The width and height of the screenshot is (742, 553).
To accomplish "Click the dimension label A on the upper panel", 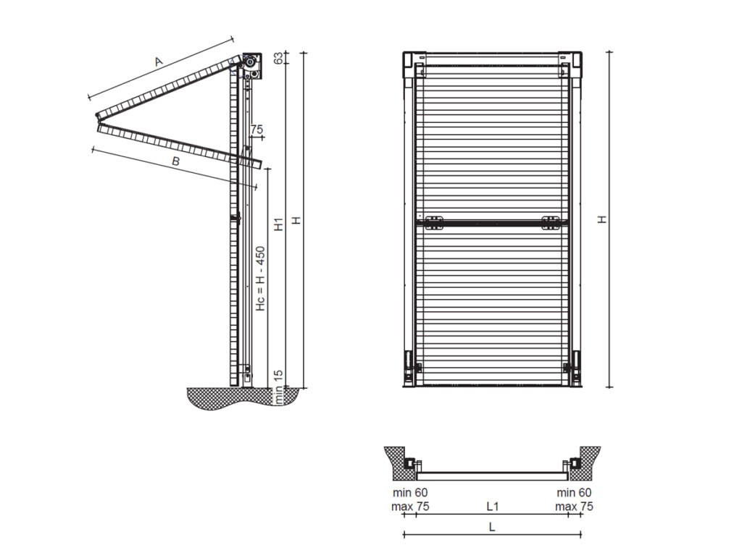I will click(x=159, y=63).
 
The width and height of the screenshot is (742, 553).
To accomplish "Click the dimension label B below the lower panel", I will click(x=175, y=162).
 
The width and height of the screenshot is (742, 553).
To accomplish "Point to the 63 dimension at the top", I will click(x=278, y=59).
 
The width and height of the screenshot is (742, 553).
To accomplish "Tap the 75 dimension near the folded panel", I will click(x=256, y=129).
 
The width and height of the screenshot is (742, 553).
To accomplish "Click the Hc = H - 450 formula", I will click(x=261, y=279).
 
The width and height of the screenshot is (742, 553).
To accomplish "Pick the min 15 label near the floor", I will click(x=278, y=387).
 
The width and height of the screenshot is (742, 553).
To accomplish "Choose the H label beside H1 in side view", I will click(x=296, y=220).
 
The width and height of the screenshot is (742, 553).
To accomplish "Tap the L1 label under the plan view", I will click(x=492, y=506).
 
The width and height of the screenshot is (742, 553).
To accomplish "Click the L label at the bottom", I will click(x=492, y=528).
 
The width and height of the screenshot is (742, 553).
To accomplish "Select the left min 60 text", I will click(x=409, y=493).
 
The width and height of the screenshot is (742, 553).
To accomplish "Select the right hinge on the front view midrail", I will click(x=551, y=222).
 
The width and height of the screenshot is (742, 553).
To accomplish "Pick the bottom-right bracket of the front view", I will click(x=575, y=367).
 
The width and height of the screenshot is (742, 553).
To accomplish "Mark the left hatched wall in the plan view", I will click(x=397, y=461).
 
